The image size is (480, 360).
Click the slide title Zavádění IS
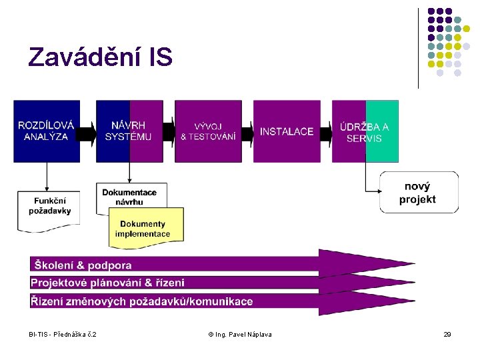pos(100,58)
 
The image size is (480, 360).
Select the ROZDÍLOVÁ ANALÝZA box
pos(46,131)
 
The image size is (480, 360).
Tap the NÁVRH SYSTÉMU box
pos(129,131)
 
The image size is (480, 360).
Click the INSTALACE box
pos(287,131)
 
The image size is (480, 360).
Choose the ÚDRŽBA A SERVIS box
pos(365,131)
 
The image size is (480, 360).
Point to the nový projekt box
pos(419,193)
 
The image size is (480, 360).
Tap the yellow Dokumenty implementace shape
pos(146,228)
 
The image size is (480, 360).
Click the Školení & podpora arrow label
pos(83,266)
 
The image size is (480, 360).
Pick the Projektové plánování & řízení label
pos(107,283)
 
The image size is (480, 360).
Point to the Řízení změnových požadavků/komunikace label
pos(142,301)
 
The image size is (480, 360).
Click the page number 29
pos(447,334)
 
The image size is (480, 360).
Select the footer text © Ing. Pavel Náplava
pos(240,334)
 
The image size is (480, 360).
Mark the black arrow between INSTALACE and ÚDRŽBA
pos(326,131)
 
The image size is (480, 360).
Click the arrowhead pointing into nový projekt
pos(377,191)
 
